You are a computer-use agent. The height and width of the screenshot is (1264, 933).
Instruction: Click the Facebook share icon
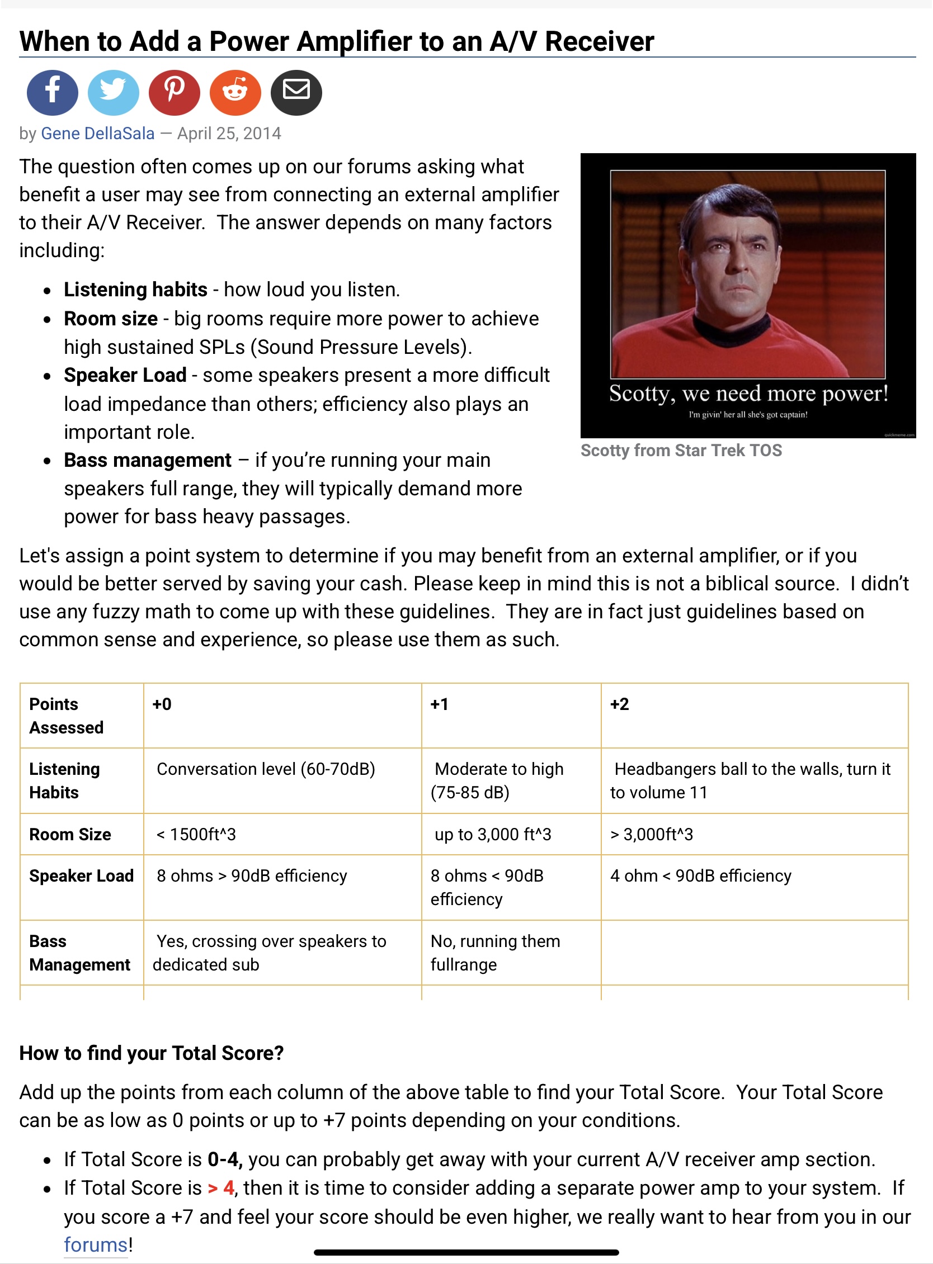point(52,93)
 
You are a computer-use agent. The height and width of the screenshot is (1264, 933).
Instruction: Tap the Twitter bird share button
point(113,93)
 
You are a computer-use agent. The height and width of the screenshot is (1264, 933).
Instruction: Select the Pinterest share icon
point(174,93)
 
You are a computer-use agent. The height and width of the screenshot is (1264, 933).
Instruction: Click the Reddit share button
point(235,93)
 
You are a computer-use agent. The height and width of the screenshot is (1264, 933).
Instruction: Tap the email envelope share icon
point(296,93)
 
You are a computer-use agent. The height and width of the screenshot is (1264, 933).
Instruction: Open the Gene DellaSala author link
point(98,133)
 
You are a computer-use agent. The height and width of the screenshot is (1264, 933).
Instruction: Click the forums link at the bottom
point(96,1244)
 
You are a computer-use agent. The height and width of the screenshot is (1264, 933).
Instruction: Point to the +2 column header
point(619,704)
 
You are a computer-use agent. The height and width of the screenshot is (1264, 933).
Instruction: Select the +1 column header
point(440,704)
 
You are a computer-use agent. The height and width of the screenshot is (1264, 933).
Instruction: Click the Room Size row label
point(70,835)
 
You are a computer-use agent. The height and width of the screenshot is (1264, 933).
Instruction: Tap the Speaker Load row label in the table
point(81,875)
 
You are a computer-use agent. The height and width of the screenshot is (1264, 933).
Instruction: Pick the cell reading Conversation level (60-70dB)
point(266,769)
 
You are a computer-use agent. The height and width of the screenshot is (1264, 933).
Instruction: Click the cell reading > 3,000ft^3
point(652,835)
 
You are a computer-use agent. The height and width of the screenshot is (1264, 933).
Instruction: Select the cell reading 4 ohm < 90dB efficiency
point(700,875)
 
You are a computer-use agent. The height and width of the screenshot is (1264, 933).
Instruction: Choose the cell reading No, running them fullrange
point(494,953)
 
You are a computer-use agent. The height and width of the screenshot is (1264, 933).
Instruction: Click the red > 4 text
point(221,1188)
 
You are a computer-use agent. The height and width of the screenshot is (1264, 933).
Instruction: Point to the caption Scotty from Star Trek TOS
point(681,450)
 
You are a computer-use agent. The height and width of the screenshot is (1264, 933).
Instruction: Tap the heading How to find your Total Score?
point(152,1053)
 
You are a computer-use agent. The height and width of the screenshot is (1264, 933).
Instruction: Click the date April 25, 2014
point(229,133)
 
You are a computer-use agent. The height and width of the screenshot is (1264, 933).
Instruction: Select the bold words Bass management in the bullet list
point(148,460)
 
